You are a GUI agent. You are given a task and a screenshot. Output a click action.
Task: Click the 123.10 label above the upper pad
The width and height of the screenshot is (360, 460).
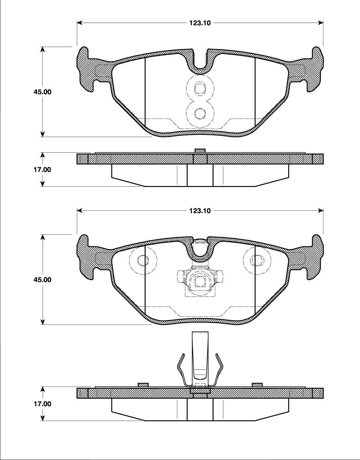200,23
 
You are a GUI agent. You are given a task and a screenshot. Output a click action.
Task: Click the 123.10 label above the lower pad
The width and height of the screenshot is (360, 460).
200,211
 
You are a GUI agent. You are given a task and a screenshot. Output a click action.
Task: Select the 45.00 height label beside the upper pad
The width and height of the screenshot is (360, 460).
42,92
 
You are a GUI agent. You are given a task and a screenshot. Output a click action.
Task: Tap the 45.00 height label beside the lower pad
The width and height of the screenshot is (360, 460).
42,280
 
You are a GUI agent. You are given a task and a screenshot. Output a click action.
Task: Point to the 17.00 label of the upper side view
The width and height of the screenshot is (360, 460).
42,169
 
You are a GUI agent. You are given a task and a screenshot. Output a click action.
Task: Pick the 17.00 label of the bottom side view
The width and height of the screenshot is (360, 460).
42,404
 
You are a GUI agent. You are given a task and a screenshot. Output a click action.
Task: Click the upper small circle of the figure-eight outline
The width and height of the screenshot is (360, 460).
200,89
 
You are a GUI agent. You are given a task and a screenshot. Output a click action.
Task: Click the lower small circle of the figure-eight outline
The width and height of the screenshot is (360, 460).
200,113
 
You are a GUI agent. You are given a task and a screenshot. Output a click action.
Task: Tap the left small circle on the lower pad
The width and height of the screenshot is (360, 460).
143,260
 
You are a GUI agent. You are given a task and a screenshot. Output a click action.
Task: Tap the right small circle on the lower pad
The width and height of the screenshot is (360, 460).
257,260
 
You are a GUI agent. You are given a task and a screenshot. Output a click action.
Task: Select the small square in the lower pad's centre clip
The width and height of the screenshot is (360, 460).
200,281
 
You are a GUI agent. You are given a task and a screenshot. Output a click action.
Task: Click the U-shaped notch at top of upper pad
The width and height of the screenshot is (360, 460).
200,63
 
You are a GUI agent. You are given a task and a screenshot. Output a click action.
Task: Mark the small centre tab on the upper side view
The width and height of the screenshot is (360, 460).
200,151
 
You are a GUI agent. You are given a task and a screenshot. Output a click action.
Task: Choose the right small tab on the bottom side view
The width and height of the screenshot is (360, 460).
257,384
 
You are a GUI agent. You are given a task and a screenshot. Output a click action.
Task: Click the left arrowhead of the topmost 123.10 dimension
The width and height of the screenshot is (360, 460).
80,23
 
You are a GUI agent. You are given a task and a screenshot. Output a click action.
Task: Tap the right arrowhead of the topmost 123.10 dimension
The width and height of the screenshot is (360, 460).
321,23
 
